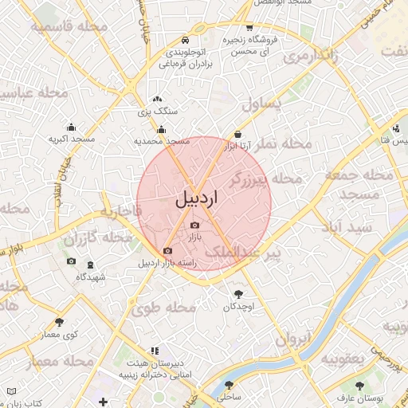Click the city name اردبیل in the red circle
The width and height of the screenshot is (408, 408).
click(195, 198)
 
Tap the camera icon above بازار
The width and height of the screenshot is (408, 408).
click(195, 226)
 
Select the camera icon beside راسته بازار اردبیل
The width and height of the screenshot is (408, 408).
click(167, 252)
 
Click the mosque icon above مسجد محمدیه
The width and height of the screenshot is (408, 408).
click(162, 130)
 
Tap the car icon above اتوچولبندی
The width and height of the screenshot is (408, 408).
click(186, 40)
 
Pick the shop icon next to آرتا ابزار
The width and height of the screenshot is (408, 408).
click(238, 135)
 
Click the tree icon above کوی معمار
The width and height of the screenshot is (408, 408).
click(59, 323)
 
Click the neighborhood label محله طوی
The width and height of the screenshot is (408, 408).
click(171, 308)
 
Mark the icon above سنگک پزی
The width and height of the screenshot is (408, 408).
click(156, 100)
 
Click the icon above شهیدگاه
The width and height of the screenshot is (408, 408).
click(88, 264)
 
